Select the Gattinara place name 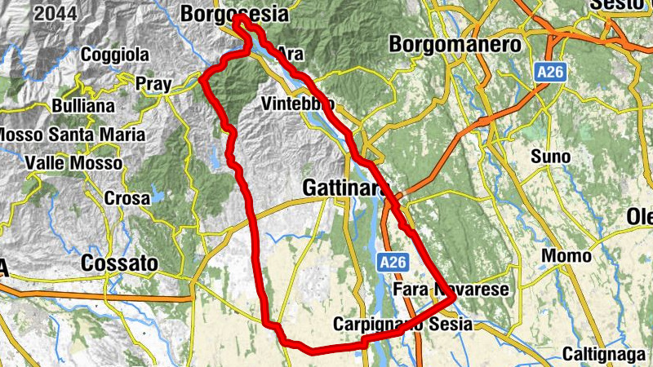tap(344, 188)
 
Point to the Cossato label tap(119, 263)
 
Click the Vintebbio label tap(298, 104)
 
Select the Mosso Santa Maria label tap(72, 134)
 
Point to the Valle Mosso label tap(73, 163)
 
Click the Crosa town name tap(127, 197)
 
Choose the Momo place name tap(566, 256)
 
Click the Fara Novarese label tap(451, 290)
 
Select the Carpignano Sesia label tap(402, 325)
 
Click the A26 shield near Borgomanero tap(552, 73)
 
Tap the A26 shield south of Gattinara tap(393, 263)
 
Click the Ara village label tap(290, 53)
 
